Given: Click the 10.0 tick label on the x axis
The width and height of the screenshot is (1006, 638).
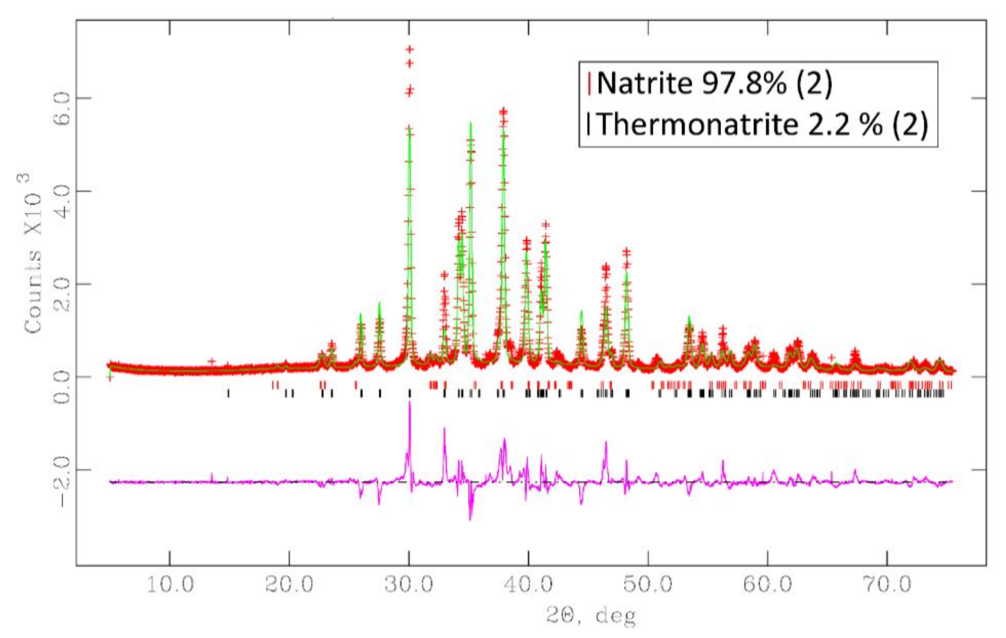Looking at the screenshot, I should pyautogui.click(x=170, y=585).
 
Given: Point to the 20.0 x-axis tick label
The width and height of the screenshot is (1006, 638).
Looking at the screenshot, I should pyautogui.click(x=289, y=585).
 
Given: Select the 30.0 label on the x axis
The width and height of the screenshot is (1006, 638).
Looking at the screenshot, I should pyautogui.click(x=409, y=585).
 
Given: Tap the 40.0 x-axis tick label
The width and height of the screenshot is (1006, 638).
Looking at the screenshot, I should pyautogui.click(x=529, y=585).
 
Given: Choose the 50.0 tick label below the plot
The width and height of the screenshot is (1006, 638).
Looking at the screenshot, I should pyautogui.click(x=648, y=585).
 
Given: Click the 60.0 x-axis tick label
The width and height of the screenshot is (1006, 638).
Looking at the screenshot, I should pyautogui.click(x=768, y=585).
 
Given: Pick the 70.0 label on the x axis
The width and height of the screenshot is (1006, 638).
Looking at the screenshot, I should pyautogui.click(x=887, y=585).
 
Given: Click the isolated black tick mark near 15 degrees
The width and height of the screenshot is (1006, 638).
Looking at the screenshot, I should pyautogui.click(x=228, y=393).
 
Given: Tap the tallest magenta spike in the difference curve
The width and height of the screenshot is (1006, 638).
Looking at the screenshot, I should pyautogui.click(x=409, y=403).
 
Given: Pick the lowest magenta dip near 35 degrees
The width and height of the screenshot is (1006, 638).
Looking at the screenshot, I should pyautogui.click(x=470, y=519).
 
